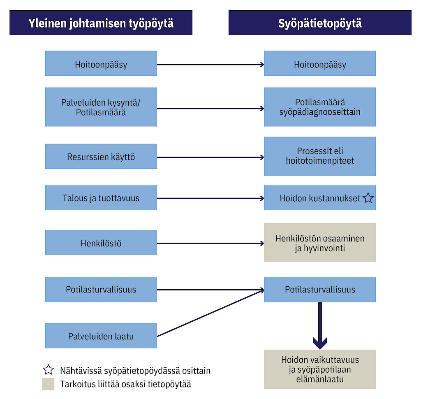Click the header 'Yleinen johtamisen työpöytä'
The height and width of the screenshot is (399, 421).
(x=101, y=23)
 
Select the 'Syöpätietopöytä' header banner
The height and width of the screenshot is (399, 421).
(x=320, y=23)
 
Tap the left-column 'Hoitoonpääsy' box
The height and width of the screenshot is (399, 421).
(x=101, y=63)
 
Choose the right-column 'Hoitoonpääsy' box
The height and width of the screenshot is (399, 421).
(x=320, y=63)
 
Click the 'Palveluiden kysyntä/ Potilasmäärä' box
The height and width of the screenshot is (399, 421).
(x=101, y=107)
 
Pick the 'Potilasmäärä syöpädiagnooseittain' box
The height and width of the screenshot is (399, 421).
(x=320, y=107)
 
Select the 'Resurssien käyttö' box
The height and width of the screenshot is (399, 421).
(x=101, y=156)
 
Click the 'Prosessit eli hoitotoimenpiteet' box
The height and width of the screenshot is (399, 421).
(x=320, y=156)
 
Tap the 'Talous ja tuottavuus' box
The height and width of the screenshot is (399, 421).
(x=101, y=198)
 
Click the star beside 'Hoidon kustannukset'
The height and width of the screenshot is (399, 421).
(x=368, y=198)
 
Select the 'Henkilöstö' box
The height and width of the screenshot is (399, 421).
(x=101, y=243)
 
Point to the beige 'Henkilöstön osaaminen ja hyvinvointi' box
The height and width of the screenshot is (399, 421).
(x=320, y=243)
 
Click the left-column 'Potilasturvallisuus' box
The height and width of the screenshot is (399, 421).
(x=101, y=290)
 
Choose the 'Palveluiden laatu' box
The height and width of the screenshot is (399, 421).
(x=101, y=336)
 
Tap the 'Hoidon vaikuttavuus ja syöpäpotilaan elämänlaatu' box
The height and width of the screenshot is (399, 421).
(x=320, y=369)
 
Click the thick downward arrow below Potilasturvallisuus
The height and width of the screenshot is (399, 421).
(x=320, y=325)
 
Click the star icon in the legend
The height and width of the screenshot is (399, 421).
(x=49, y=370)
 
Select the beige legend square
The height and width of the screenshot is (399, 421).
(x=48, y=384)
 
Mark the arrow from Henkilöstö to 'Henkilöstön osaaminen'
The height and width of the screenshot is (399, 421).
(x=210, y=243)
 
